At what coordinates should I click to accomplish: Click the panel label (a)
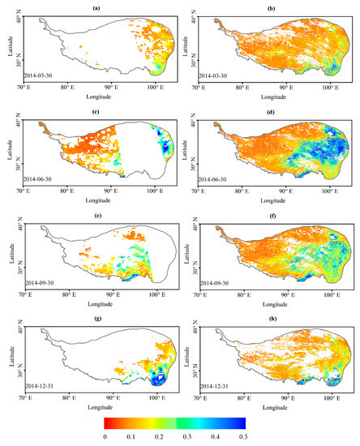click(x=96, y=6)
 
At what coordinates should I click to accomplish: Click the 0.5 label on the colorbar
click(x=243, y=435)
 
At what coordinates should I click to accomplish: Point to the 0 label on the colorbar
click(x=105, y=435)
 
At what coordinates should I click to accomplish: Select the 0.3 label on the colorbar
click(x=188, y=435)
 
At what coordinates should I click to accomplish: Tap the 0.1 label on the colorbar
click(x=133, y=435)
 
